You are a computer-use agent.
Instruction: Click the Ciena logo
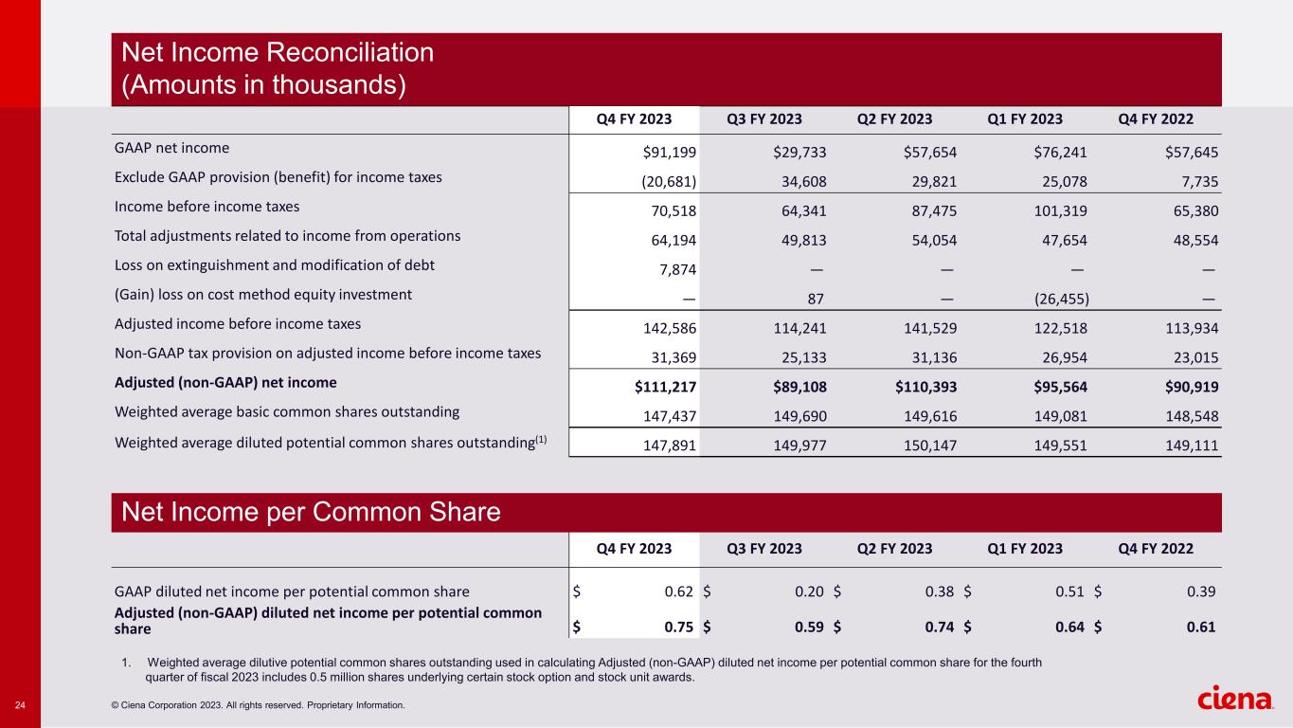(x=1235, y=699)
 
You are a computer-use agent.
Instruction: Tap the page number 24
(x=19, y=704)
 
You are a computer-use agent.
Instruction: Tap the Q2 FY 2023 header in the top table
(x=894, y=119)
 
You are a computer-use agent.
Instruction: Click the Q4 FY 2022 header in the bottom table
(x=1155, y=549)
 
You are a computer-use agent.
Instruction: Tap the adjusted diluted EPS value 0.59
(x=809, y=626)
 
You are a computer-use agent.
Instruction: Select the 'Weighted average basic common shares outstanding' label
(x=286, y=411)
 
